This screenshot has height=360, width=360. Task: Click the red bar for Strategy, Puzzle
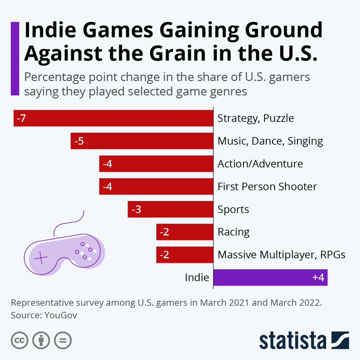(x=114, y=119)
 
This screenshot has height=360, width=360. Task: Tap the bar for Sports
(x=171, y=209)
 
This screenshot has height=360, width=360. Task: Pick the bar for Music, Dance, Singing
(x=142, y=141)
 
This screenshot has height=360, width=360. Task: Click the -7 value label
(x=21, y=119)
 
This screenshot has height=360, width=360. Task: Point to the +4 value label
(x=318, y=278)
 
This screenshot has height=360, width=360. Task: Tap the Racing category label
(x=234, y=232)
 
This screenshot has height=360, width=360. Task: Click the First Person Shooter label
(x=267, y=187)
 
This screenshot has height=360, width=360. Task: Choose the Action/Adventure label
(x=260, y=164)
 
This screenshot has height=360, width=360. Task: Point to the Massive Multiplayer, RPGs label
(x=281, y=255)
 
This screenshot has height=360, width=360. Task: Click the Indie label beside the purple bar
(x=197, y=278)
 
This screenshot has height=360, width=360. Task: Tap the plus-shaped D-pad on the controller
(x=40, y=257)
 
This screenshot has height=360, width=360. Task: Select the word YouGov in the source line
(x=61, y=315)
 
